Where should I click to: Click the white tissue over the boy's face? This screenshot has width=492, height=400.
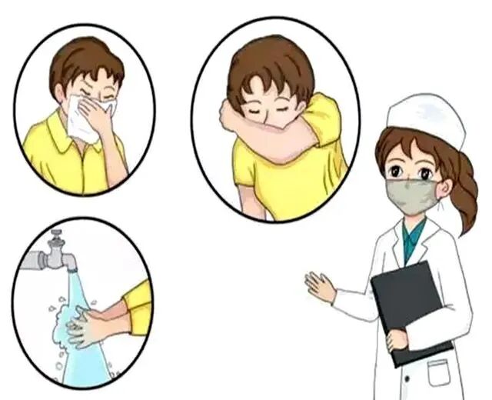pyautogui.click(x=85, y=119)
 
